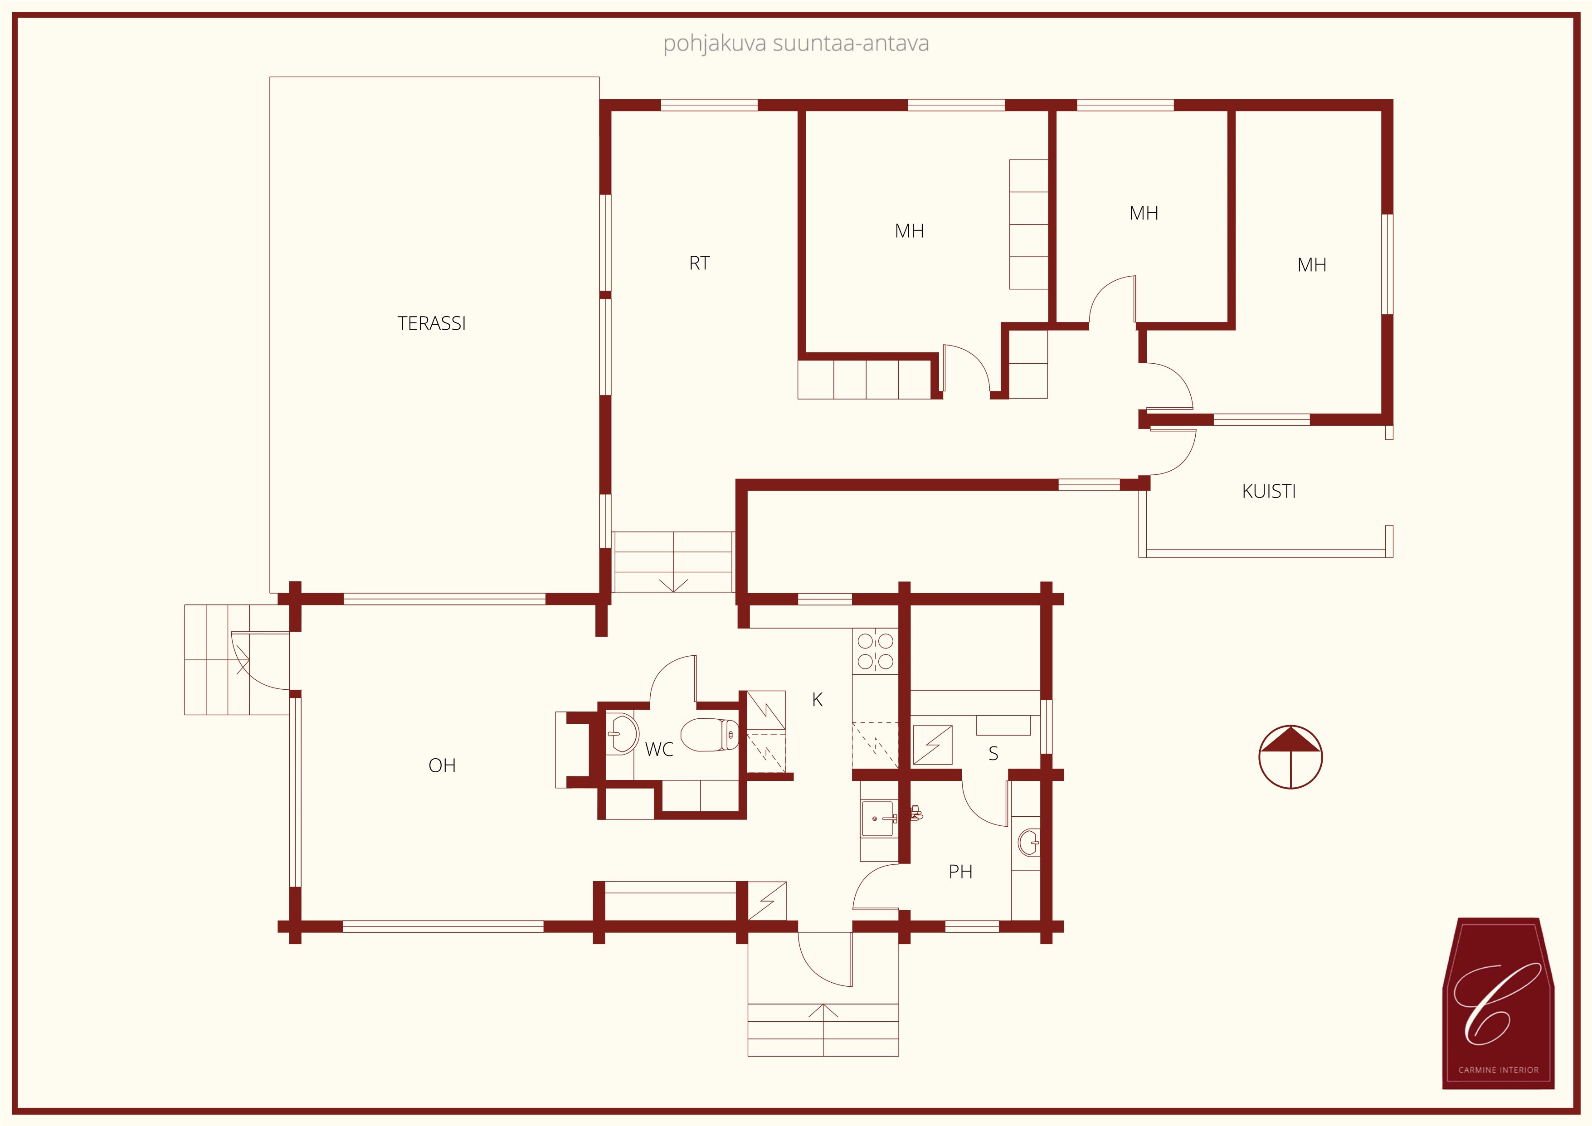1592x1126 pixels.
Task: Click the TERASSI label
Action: pos(431,323)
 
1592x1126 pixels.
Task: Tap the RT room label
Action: pos(699,263)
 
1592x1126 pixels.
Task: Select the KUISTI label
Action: pos(1269,492)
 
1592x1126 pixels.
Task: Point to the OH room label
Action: pos(442,765)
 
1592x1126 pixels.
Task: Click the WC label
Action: pos(659,750)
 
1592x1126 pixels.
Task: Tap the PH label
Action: pos(960,872)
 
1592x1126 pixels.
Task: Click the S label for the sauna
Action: pos(993,754)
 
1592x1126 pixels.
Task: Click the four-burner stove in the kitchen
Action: pos(875,651)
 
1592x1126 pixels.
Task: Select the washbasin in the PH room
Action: pos(1029,843)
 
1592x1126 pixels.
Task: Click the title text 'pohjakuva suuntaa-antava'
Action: pos(796,44)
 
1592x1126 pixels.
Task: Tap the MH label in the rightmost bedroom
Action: pos(1311,265)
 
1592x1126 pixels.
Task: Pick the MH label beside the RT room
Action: pos(909,231)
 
